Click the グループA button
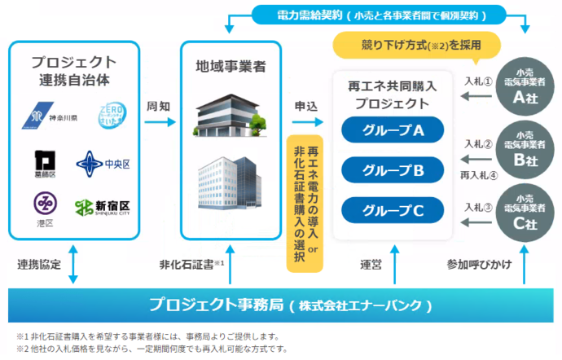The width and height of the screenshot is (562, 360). click(x=393, y=130)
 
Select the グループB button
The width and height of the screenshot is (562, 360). click(x=393, y=170)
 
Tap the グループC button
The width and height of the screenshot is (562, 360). click(x=393, y=211)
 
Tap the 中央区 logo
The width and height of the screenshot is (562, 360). click(x=103, y=164)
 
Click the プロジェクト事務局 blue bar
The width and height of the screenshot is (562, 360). click(x=280, y=305)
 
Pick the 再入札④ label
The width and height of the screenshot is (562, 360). click(x=479, y=173)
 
